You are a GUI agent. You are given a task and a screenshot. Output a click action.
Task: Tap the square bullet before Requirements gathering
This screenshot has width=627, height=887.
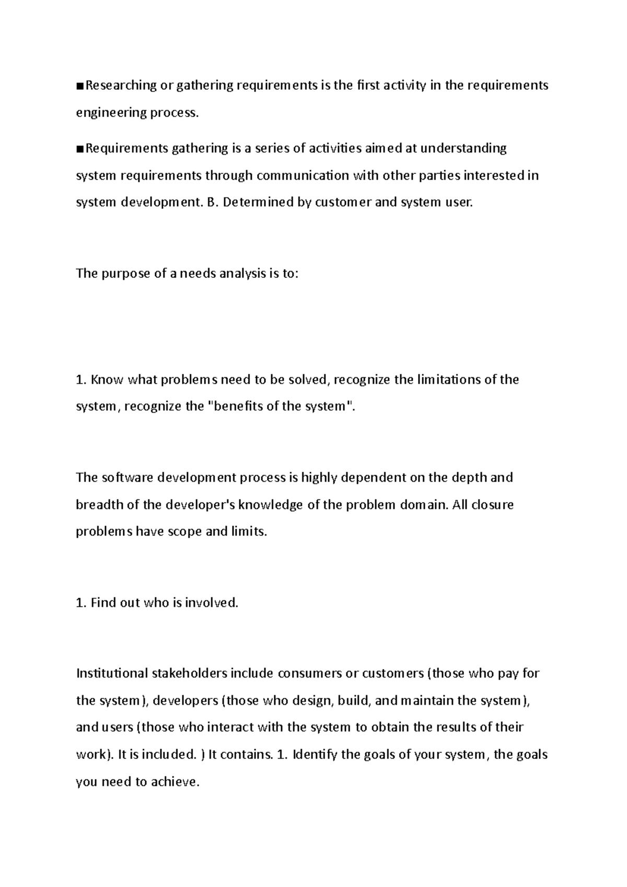(79, 149)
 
